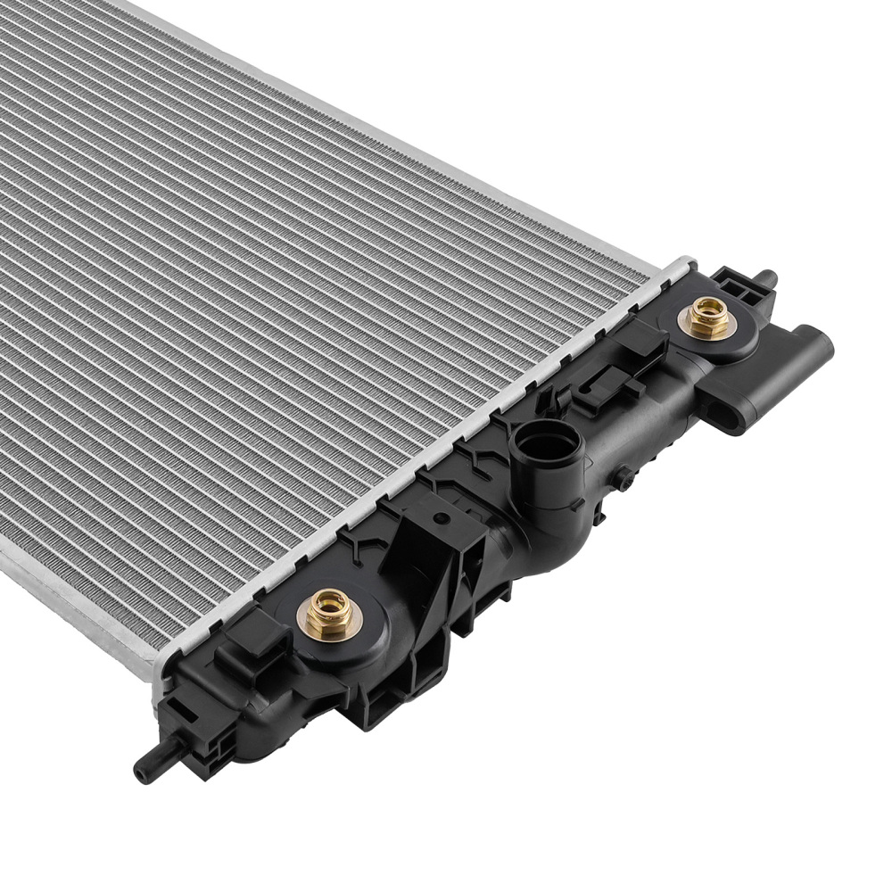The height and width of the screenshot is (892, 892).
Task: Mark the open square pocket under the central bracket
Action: tap(385, 705)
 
